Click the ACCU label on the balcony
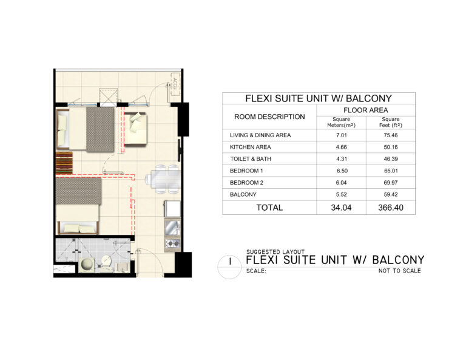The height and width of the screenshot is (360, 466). [175, 84]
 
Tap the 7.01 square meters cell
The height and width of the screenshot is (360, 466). [342, 135]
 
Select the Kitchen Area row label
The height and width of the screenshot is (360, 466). [250, 147]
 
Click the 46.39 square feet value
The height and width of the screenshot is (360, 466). [391, 158]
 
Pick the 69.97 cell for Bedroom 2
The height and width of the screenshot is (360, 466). [391, 183]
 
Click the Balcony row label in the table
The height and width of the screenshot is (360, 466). [243, 194]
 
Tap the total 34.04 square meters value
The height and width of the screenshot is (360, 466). [341, 208]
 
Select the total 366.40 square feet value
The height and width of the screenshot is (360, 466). [391, 208]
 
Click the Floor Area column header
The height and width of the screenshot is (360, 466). [365, 110]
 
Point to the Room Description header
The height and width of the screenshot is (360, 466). [269, 117]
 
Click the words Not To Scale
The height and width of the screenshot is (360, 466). [399, 271]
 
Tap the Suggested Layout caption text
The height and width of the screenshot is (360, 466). [275, 252]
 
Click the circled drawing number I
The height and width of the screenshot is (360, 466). [229, 262]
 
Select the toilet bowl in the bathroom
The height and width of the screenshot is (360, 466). [106, 261]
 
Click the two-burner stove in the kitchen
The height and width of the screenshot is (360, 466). [172, 244]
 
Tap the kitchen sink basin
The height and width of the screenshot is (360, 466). [173, 228]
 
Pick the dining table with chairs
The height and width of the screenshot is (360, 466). [163, 180]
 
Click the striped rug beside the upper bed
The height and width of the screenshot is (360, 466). [64, 163]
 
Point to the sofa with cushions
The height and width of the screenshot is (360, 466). [135, 129]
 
